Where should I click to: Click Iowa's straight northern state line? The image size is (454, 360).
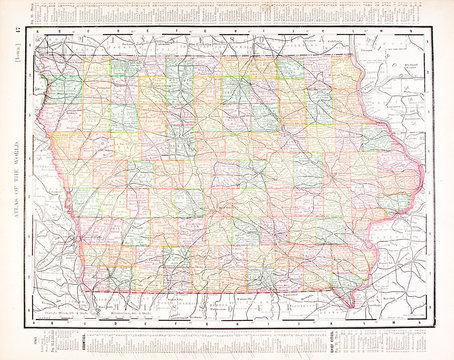tap(200, 59)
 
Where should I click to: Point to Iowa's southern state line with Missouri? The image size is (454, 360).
tap(220, 291)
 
